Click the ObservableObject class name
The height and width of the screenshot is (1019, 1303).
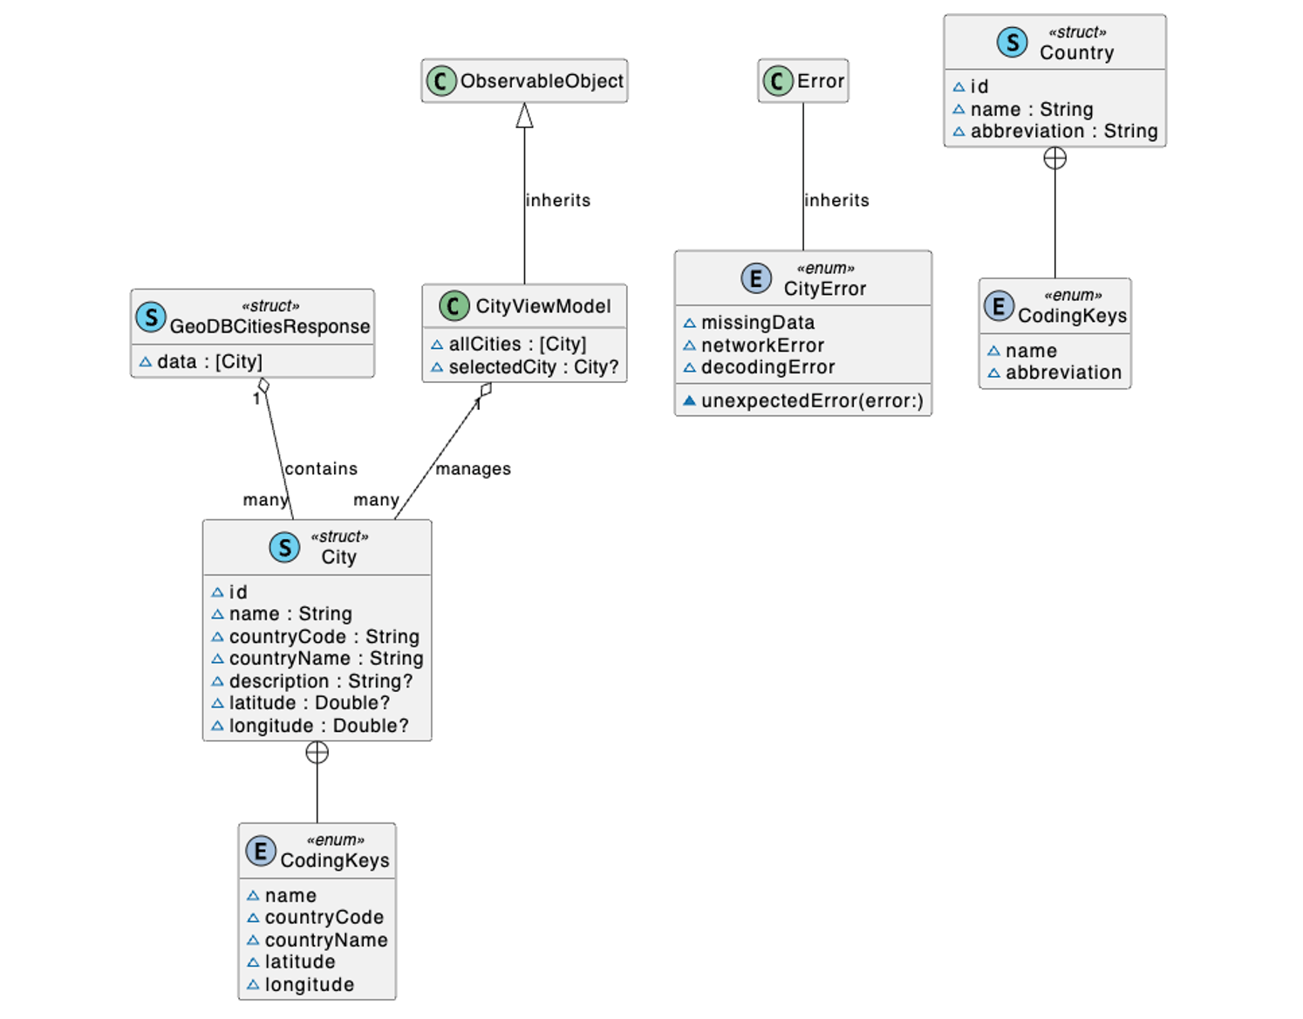click(541, 81)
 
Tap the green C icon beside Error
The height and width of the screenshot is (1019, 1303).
click(777, 81)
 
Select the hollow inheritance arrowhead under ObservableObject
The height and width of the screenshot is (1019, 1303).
click(524, 115)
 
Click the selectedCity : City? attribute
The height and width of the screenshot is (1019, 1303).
click(533, 367)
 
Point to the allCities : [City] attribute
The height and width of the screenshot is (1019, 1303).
click(517, 345)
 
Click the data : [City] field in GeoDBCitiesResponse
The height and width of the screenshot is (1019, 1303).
click(209, 361)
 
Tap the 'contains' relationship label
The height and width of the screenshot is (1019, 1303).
click(321, 468)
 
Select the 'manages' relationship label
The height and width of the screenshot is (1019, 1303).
click(473, 468)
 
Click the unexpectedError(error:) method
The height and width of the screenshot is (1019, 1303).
click(811, 400)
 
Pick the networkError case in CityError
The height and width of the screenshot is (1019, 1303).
click(762, 345)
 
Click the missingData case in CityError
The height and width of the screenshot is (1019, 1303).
click(757, 323)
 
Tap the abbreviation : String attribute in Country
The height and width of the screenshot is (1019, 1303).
click(1063, 131)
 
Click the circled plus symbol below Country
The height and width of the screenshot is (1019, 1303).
click(1054, 158)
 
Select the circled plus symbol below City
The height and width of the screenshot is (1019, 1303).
click(317, 752)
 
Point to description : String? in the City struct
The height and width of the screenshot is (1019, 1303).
click(320, 680)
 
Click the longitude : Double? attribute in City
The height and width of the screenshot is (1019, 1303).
click(318, 726)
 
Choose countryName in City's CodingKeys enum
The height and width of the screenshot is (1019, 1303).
click(325, 940)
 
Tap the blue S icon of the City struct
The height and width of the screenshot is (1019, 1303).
click(284, 547)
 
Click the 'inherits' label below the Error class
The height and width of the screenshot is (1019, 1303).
click(836, 200)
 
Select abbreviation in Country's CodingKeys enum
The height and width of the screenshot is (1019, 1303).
click(1062, 373)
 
